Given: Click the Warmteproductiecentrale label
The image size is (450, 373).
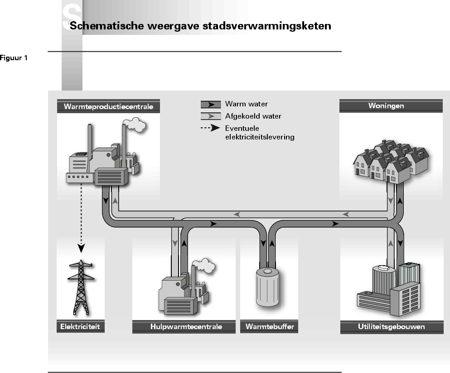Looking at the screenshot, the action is pos(108,106).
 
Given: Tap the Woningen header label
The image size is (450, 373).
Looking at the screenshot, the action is pos(386,106).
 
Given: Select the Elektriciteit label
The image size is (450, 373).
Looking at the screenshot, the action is pos(80,326).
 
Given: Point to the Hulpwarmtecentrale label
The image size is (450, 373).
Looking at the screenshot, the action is pos(186,326).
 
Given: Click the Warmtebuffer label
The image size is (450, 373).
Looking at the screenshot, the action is pos(270,326).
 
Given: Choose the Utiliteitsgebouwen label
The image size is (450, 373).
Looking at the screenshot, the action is pos(392,326).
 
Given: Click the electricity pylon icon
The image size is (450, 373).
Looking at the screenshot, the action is pos(81,287).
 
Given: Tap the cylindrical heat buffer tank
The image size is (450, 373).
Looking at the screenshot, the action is pos(267,287).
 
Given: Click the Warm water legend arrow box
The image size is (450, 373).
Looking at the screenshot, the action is pos(211,105).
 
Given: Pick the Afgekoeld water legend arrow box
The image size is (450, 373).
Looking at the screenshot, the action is pos(211,116).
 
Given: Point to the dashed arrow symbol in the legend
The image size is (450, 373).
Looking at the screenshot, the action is pos(210,128).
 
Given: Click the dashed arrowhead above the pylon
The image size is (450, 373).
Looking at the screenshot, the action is pos(81,248).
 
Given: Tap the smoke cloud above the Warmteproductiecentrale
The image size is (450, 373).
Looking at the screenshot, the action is pos(134,124).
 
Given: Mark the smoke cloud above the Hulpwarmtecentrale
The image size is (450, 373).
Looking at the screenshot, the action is pos(203,265).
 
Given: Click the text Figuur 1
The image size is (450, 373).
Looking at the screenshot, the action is pos(14,58).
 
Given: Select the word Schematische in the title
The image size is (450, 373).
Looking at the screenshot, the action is pos(107,25).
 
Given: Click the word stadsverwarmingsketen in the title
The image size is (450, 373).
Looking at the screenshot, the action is pos(267,26).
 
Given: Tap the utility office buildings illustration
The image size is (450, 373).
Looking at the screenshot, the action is pos(389,289).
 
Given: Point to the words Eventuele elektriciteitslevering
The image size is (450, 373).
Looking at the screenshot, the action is pos(260,133).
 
